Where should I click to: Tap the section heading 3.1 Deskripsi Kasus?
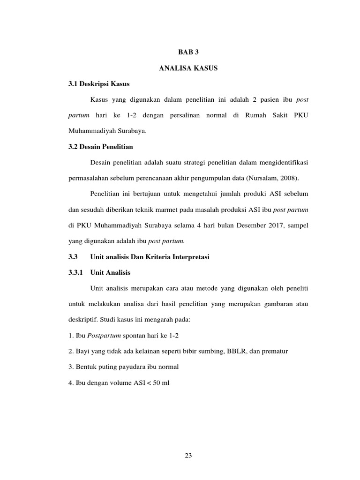(x=98, y=84)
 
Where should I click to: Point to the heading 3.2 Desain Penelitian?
(x=101, y=147)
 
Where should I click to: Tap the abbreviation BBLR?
(x=230, y=351)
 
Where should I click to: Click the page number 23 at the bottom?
(x=189, y=455)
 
